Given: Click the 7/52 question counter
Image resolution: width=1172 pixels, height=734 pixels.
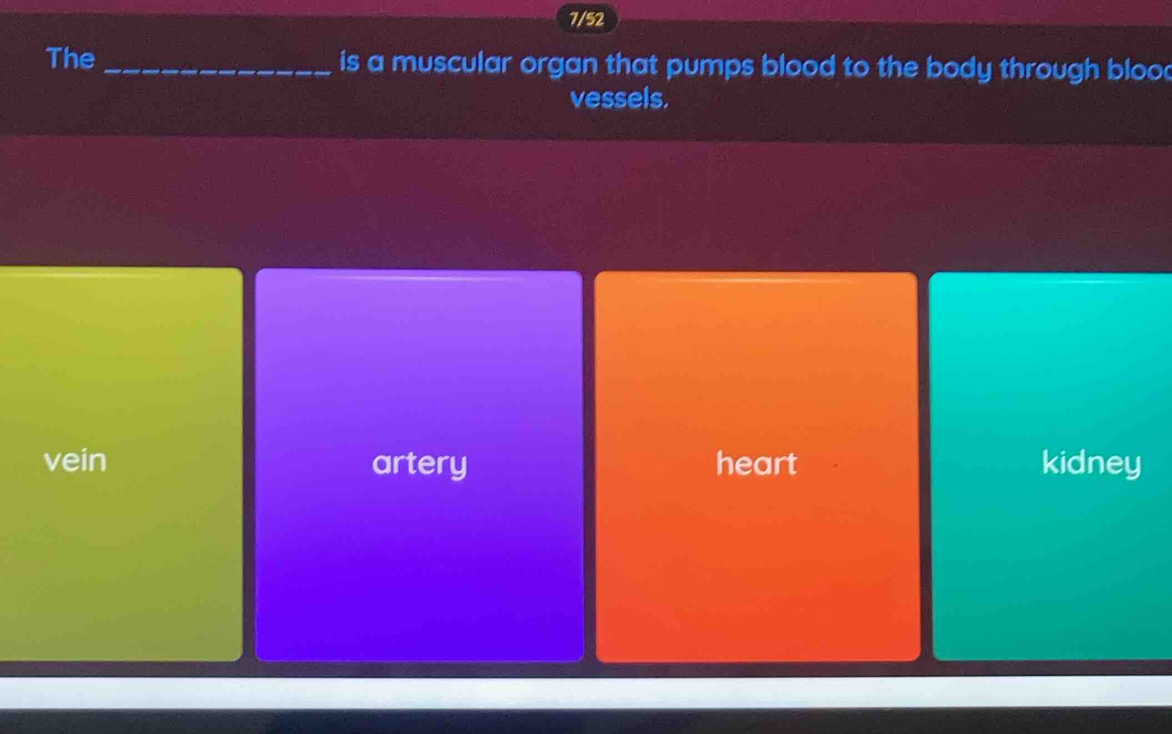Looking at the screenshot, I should [586, 20].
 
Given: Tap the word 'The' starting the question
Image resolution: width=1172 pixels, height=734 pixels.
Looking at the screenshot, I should [71, 58].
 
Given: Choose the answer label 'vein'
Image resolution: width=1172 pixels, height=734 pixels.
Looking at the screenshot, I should [75, 460].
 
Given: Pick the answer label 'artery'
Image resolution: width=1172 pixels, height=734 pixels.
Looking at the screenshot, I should [419, 463].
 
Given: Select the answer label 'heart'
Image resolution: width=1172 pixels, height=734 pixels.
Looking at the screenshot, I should [756, 463].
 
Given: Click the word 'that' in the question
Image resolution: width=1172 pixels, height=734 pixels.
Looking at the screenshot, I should [632, 64].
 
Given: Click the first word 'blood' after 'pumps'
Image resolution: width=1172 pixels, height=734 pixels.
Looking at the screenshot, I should [798, 66].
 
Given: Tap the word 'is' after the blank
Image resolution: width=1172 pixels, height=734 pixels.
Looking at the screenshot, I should [350, 62].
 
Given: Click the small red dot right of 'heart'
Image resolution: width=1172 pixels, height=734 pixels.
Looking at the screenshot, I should [834, 466].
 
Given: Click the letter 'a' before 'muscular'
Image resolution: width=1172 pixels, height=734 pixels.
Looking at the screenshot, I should [376, 63].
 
